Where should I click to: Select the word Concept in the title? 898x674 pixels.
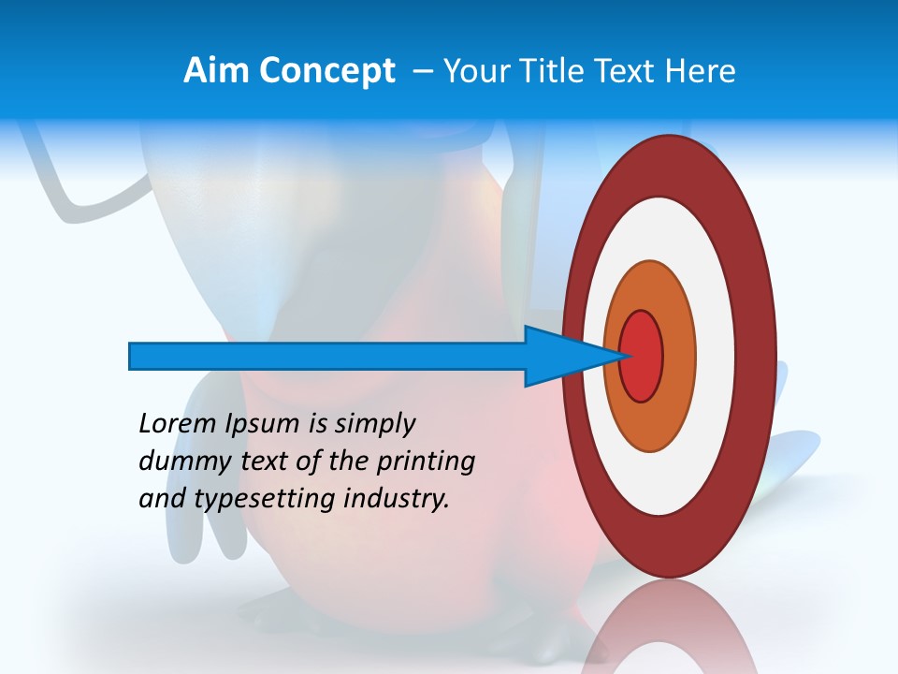328,71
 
